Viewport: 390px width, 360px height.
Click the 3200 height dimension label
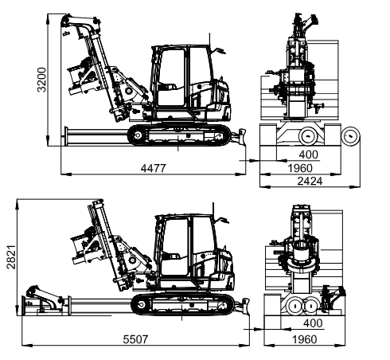(41, 80)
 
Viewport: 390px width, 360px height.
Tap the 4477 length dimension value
(154, 168)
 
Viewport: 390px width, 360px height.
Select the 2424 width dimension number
(310, 181)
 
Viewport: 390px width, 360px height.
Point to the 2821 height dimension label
(11, 256)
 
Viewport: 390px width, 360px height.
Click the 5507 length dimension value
(135, 339)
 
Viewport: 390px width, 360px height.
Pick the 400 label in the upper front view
(309, 155)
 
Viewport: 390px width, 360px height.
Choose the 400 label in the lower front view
(313, 323)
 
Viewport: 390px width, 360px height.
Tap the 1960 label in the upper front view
(300, 168)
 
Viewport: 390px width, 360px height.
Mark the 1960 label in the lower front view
(305, 339)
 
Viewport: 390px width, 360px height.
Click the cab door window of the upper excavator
(172, 77)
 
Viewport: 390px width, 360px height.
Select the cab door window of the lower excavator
(175, 247)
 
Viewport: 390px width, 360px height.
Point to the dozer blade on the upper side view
(240, 137)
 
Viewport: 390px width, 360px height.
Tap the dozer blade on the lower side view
(244, 307)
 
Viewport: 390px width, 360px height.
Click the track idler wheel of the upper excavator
(138, 135)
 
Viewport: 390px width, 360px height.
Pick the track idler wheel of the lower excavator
(142, 305)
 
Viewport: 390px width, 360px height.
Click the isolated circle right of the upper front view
(350, 136)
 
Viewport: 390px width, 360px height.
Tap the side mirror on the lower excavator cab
(223, 221)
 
